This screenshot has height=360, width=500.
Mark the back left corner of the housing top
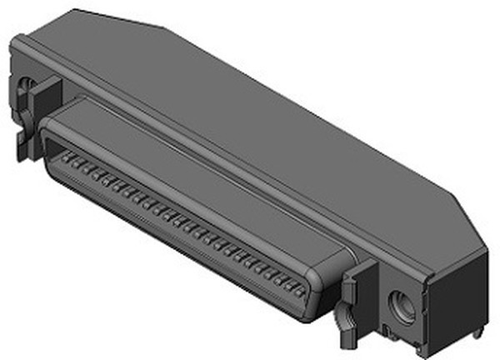[x=75, y=11]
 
